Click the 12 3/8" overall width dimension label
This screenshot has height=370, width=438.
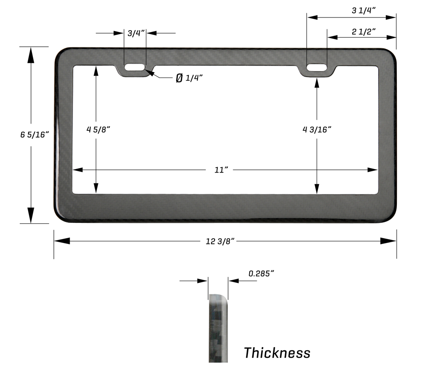pos(221,241)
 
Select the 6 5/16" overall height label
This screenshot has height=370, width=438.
pos(33,135)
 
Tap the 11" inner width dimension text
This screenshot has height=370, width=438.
pos(222,170)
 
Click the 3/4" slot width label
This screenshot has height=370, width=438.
pos(135,33)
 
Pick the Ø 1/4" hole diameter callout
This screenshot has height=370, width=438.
pos(189,78)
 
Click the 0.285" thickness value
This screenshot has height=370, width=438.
pos(261,274)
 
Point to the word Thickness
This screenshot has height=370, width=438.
pos(277,352)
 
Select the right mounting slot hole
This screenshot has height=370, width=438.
pos(317,67)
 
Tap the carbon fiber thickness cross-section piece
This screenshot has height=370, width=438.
pos(218,328)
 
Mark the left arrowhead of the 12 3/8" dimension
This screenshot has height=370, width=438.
pos(61,241)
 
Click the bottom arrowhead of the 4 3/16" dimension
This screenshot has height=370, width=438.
pos(317,187)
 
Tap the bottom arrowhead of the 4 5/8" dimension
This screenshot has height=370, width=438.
pos(96,187)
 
